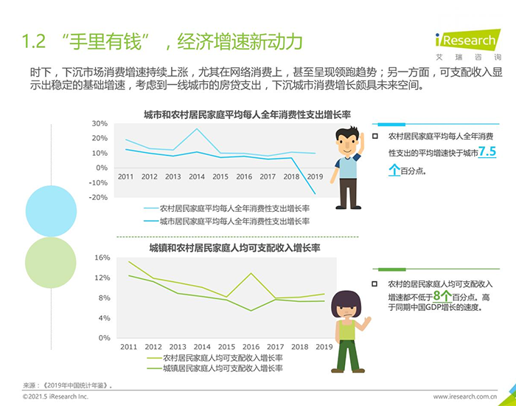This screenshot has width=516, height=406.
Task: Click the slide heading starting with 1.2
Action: (x=162, y=42)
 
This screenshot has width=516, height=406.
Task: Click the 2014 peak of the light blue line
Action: (x=196, y=129)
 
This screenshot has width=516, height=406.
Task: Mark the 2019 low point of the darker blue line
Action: (x=315, y=193)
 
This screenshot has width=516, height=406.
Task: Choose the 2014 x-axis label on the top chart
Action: (x=196, y=177)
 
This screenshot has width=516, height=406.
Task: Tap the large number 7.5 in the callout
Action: (x=487, y=153)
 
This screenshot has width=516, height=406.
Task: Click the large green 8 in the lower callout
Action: (x=436, y=297)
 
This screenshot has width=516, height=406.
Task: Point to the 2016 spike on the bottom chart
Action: (x=251, y=274)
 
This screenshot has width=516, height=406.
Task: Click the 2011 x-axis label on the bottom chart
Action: (x=128, y=347)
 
